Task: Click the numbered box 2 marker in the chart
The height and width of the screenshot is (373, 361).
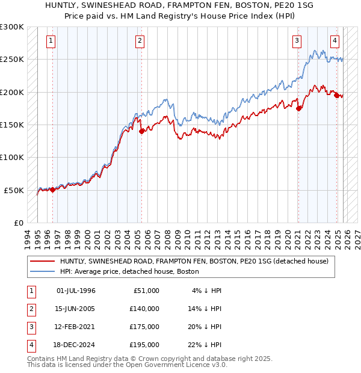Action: pos(139,41)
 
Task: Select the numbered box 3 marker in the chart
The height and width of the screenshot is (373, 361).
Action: pos(297,41)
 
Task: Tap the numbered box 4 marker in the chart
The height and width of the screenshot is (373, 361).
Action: pos(335,41)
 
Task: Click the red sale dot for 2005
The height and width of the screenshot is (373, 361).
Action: pos(141,131)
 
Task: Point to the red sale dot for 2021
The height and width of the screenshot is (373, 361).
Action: pos(298,108)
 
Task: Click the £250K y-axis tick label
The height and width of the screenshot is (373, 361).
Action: pos(12,60)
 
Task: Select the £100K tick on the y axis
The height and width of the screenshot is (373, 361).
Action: pos(12,157)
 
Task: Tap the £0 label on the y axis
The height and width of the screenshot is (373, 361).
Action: pos(18,223)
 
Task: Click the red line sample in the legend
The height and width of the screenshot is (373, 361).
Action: pos(42,262)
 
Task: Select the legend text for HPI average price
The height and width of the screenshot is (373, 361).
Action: pos(129,272)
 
